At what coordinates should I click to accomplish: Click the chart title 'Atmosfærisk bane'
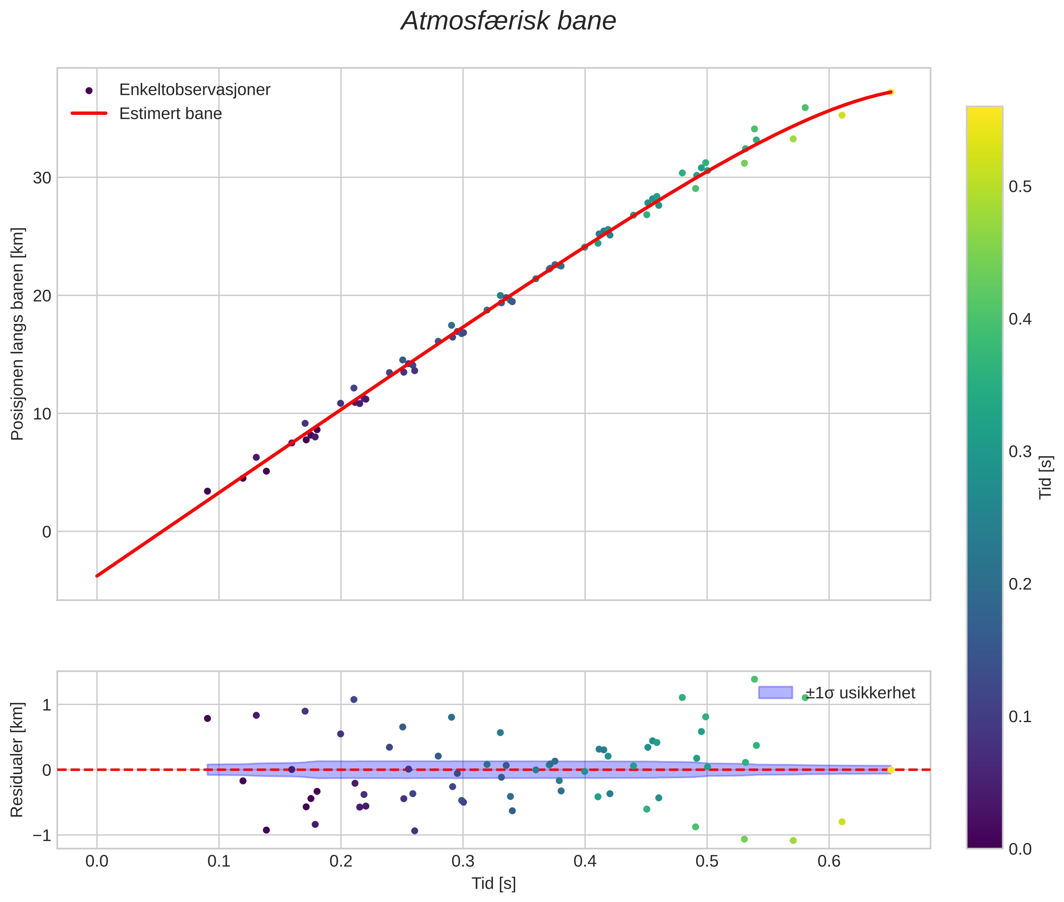tap(508, 21)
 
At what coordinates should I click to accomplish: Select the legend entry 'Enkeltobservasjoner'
tap(194, 90)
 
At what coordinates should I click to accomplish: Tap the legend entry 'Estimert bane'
tap(170, 114)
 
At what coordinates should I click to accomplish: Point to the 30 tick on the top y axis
tap(42, 178)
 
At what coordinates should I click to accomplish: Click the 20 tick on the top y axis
tap(42, 296)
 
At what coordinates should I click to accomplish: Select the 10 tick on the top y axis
tap(42, 414)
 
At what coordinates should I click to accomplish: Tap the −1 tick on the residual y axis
tap(42, 835)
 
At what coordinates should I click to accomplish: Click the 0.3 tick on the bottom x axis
tap(463, 861)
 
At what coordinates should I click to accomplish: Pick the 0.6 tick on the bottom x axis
tap(829, 861)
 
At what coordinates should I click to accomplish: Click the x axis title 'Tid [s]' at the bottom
tap(493, 884)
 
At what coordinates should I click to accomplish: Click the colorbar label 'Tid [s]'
tap(1046, 477)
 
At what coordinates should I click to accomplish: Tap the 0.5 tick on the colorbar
tap(1019, 187)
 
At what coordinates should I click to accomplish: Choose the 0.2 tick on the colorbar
tap(1019, 584)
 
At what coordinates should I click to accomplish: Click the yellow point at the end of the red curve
tap(891, 92)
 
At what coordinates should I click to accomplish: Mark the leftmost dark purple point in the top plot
tap(207, 492)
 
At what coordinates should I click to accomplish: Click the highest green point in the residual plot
tap(754, 680)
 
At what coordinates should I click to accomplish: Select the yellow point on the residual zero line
tap(891, 769)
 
